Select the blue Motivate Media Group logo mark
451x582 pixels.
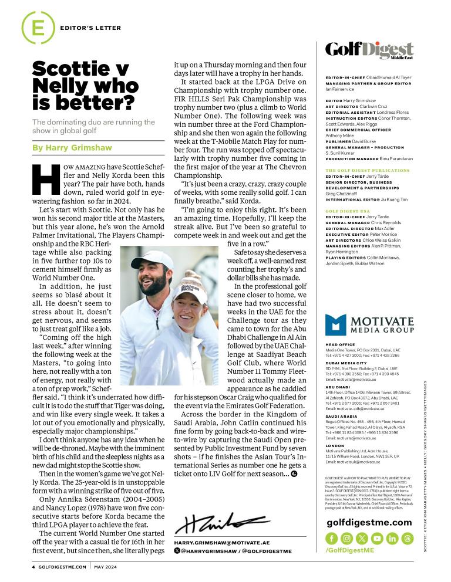point(336,325)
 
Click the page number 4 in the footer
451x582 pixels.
point(33,567)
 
